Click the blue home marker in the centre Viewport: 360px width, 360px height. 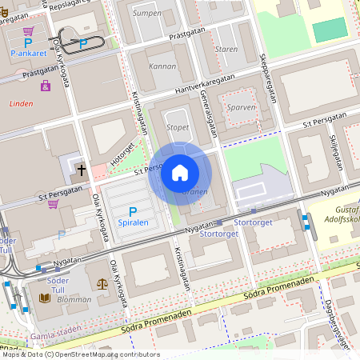(x=180, y=172)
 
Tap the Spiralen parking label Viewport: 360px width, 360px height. (x=133, y=224)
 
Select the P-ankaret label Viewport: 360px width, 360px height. (x=26, y=54)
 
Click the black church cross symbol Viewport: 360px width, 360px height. (x=82, y=170)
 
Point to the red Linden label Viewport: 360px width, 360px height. (x=22, y=104)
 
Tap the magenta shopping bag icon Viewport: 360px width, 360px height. (x=46, y=86)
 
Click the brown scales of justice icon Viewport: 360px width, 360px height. (x=102, y=282)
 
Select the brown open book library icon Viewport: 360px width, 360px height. (x=46, y=298)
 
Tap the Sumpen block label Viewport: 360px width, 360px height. (x=147, y=13)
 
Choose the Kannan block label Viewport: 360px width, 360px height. (x=162, y=66)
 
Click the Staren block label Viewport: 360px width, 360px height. (x=226, y=49)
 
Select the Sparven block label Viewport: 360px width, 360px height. (x=241, y=106)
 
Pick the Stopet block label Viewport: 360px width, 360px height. (x=178, y=127)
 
